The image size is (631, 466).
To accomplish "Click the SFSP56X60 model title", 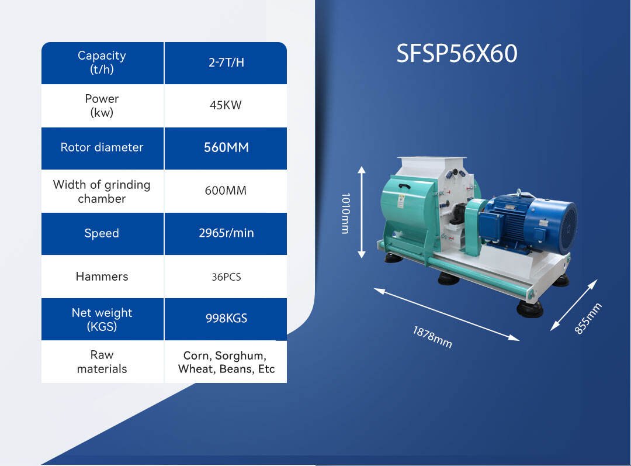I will (457, 54).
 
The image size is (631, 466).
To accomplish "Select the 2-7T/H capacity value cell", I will (226, 63).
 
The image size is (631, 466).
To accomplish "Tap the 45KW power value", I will (226, 106).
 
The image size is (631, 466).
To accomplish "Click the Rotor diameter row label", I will (102, 147).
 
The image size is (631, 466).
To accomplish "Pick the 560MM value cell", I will (226, 148).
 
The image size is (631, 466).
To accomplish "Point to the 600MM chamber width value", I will (226, 191).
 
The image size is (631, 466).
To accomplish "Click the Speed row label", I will (102, 233).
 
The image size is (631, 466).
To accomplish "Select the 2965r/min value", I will (226, 233).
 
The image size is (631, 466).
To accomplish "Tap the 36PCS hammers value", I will (226, 277).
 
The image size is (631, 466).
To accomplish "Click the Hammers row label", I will (102, 277).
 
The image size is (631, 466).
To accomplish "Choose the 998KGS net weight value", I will (226, 319).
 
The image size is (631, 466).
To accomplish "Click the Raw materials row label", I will (102, 362).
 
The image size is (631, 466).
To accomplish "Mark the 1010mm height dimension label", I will (345, 213).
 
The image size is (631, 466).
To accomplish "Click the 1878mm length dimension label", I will (432, 337).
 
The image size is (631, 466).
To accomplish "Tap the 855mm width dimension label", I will (588, 319).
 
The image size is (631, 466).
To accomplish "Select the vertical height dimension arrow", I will (362, 212).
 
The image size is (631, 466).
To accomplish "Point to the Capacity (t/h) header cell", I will (102, 63).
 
